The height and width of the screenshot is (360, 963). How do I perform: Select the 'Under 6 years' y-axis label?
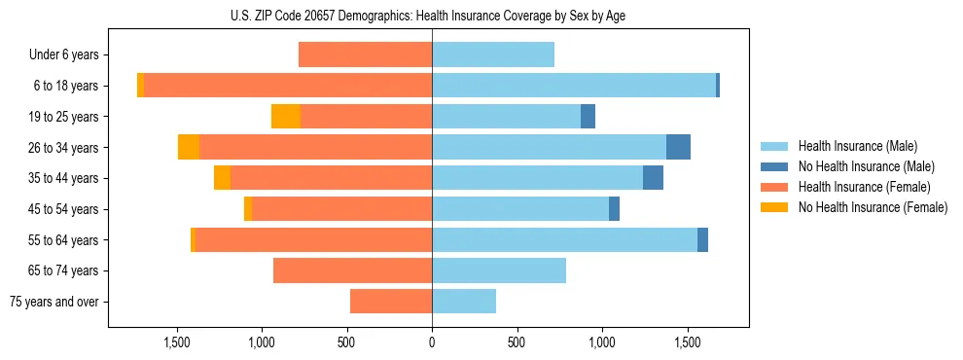click(x=69, y=55)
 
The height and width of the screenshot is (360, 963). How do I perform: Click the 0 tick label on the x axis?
click(x=432, y=342)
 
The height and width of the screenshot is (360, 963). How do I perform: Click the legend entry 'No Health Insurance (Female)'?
click(x=873, y=207)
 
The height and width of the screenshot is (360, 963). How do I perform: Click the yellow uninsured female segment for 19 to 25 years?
click(x=286, y=117)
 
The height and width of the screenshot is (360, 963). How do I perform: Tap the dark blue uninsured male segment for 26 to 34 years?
click(x=678, y=147)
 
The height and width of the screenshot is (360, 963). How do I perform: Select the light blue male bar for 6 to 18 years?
click(x=574, y=86)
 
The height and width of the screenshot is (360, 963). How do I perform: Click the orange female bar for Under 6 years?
click(x=365, y=55)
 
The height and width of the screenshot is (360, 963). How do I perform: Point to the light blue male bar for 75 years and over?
click(x=464, y=302)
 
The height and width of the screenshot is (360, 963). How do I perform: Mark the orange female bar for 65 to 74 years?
click(x=352, y=270)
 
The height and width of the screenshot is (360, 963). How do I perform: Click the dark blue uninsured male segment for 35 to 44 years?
click(x=653, y=178)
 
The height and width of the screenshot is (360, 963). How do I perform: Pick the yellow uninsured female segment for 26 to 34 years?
click(x=189, y=147)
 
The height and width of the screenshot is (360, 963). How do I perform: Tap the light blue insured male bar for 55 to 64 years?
click(x=564, y=239)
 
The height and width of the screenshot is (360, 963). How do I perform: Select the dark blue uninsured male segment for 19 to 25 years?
click(x=588, y=117)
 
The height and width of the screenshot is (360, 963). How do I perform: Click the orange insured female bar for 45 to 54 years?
click(x=341, y=209)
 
